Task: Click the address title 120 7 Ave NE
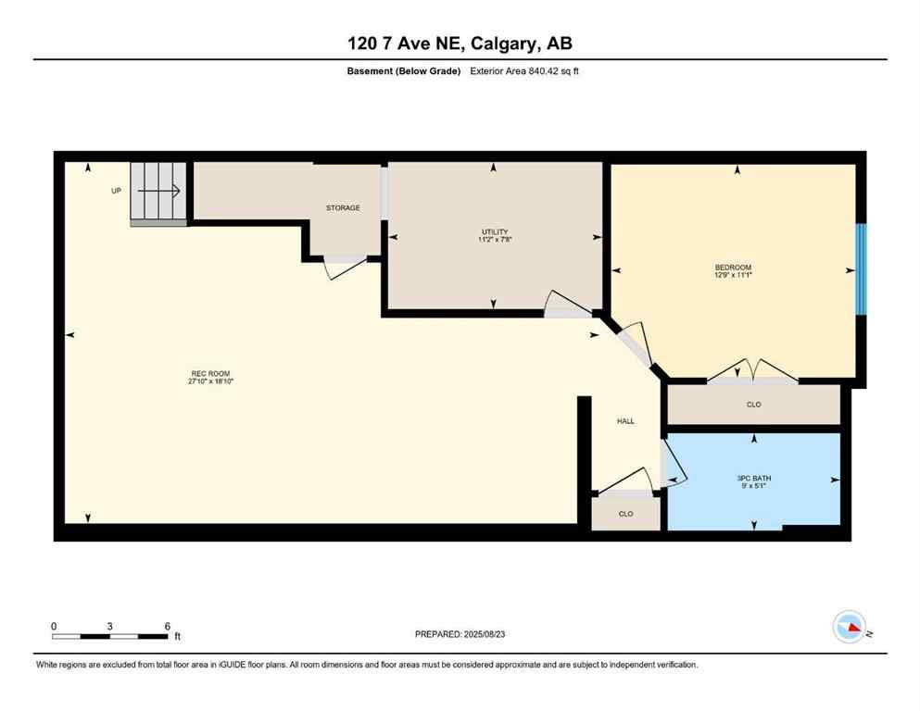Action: point(460,44)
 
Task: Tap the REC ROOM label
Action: point(206,373)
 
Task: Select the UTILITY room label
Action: point(495,231)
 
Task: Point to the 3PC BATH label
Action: point(754,478)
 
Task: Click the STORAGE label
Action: point(343,208)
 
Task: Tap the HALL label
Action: point(626,421)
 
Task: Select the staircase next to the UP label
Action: point(159,192)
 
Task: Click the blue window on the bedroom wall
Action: point(861,268)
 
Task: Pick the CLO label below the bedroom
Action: point(754,405)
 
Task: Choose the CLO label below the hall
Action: point(625,514)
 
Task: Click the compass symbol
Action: point(849,627)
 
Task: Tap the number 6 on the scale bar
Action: point(168,626)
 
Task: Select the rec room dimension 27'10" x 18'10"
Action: point(206,381)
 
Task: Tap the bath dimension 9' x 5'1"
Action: point(754,486)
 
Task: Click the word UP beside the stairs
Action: point(116,191)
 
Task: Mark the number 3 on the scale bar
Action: point(110,626)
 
